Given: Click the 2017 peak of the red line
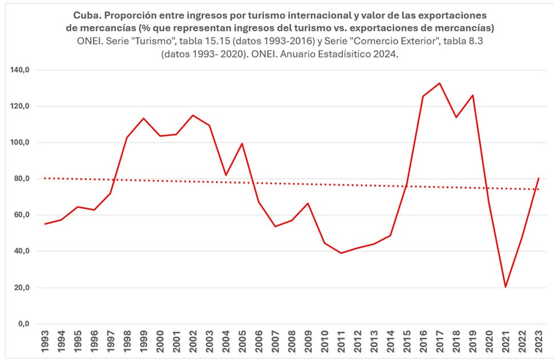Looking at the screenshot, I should click(x=439, y=83).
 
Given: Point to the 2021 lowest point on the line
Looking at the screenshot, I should click(x=506, y=286).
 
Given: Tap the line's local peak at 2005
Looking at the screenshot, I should click(x=242, y=143).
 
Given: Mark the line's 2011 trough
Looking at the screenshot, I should click(x=341, y=253).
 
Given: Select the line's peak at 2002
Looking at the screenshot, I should click(x=192, y=115).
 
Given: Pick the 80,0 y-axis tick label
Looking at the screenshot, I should click(x=24, y=179).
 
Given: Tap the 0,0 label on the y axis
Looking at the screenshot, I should click(x=26, y=323).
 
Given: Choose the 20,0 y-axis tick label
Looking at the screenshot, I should click(x=24, y=288).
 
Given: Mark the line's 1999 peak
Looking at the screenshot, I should click(x=143, y=118).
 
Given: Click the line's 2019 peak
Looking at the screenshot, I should click(x=472, y=95).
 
